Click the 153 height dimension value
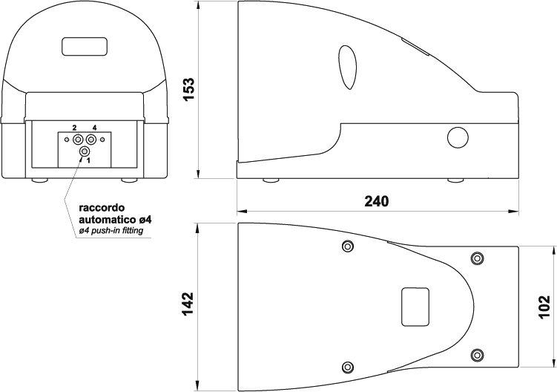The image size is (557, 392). click(x=188, y=89)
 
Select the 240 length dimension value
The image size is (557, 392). click(x=377, y=201)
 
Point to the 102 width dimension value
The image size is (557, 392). click(x=544, y=307)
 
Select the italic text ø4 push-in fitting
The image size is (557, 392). click(x=111, y=230)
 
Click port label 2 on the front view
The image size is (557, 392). click(x=74, y=128)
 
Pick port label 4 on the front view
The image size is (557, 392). click(x=94, y=128)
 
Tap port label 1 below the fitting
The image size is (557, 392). click(x=88, y=160)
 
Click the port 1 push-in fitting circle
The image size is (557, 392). click(x=85, y=151)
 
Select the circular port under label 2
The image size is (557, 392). click(x=77, y=139)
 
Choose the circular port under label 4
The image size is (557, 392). click(x=91, y=139)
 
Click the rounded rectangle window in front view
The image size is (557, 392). click(x=85, y=46)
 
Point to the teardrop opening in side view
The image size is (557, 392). click(x=347, y=68)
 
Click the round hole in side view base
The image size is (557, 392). click(x=458, y=137)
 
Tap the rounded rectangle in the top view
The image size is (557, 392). click(x=415, y=307)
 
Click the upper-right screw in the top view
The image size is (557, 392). click(x=477, y=258)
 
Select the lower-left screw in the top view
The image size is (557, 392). click(x=347, y=367)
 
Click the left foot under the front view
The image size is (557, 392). click(x=40, y=180)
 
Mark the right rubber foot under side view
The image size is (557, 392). click(x=455, y=180)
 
